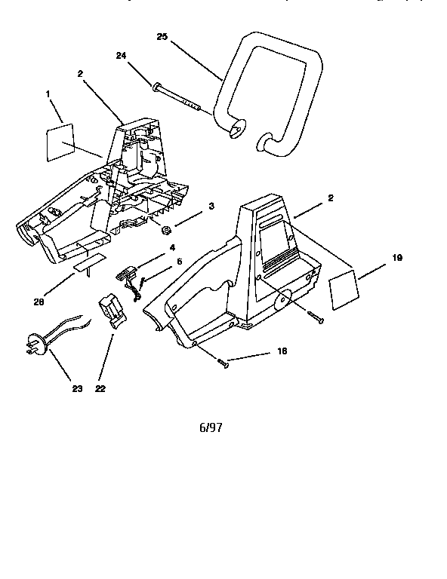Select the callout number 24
point(122,55)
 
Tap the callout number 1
point(49,94)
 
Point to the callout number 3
point(211,206)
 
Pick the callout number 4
point(173,247)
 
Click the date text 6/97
point(211,427)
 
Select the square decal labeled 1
point(60,142)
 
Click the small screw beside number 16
point(223,364)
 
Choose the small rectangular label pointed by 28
point(89,261)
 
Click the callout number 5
point(179,262)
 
